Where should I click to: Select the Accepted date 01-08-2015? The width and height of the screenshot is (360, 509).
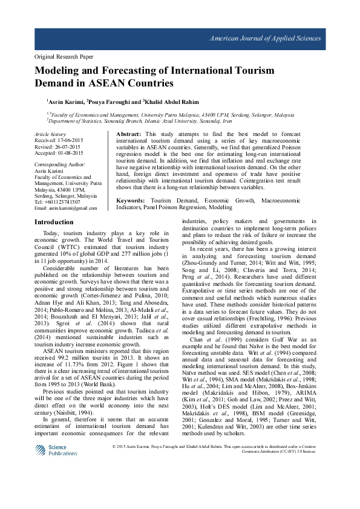click(68, 152)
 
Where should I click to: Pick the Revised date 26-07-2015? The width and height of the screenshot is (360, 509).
click(65, 146)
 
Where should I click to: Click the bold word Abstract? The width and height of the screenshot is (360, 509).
click(128, 133)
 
